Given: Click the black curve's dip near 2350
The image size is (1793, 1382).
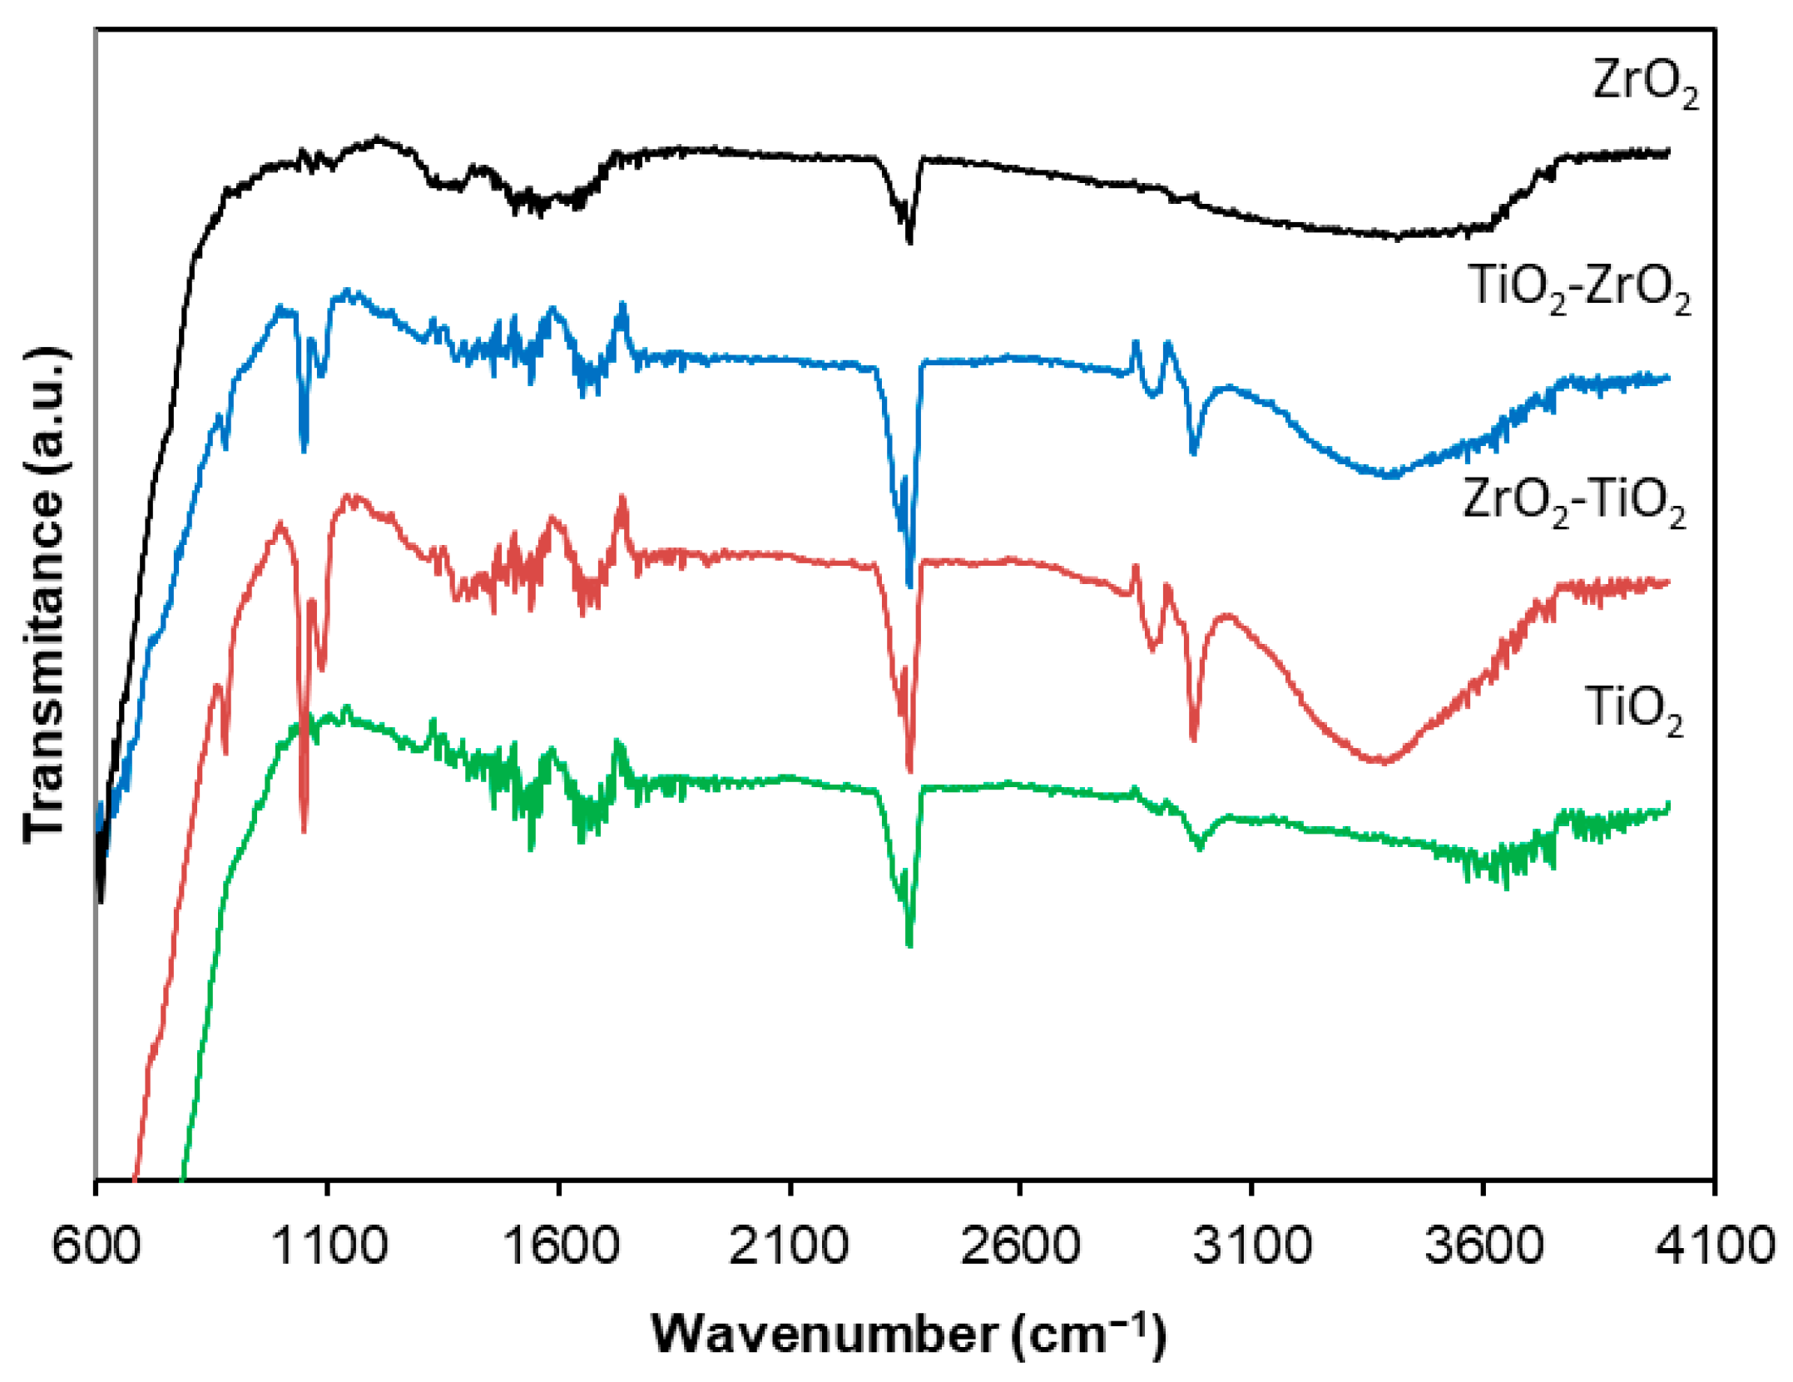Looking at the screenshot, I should tap(909, 240).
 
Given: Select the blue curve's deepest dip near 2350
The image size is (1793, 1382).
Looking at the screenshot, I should tap(909, 584).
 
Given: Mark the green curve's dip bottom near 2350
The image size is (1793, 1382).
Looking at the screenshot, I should tap(909, 945).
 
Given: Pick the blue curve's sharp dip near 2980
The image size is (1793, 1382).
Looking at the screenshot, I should tap(1194, 452).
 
